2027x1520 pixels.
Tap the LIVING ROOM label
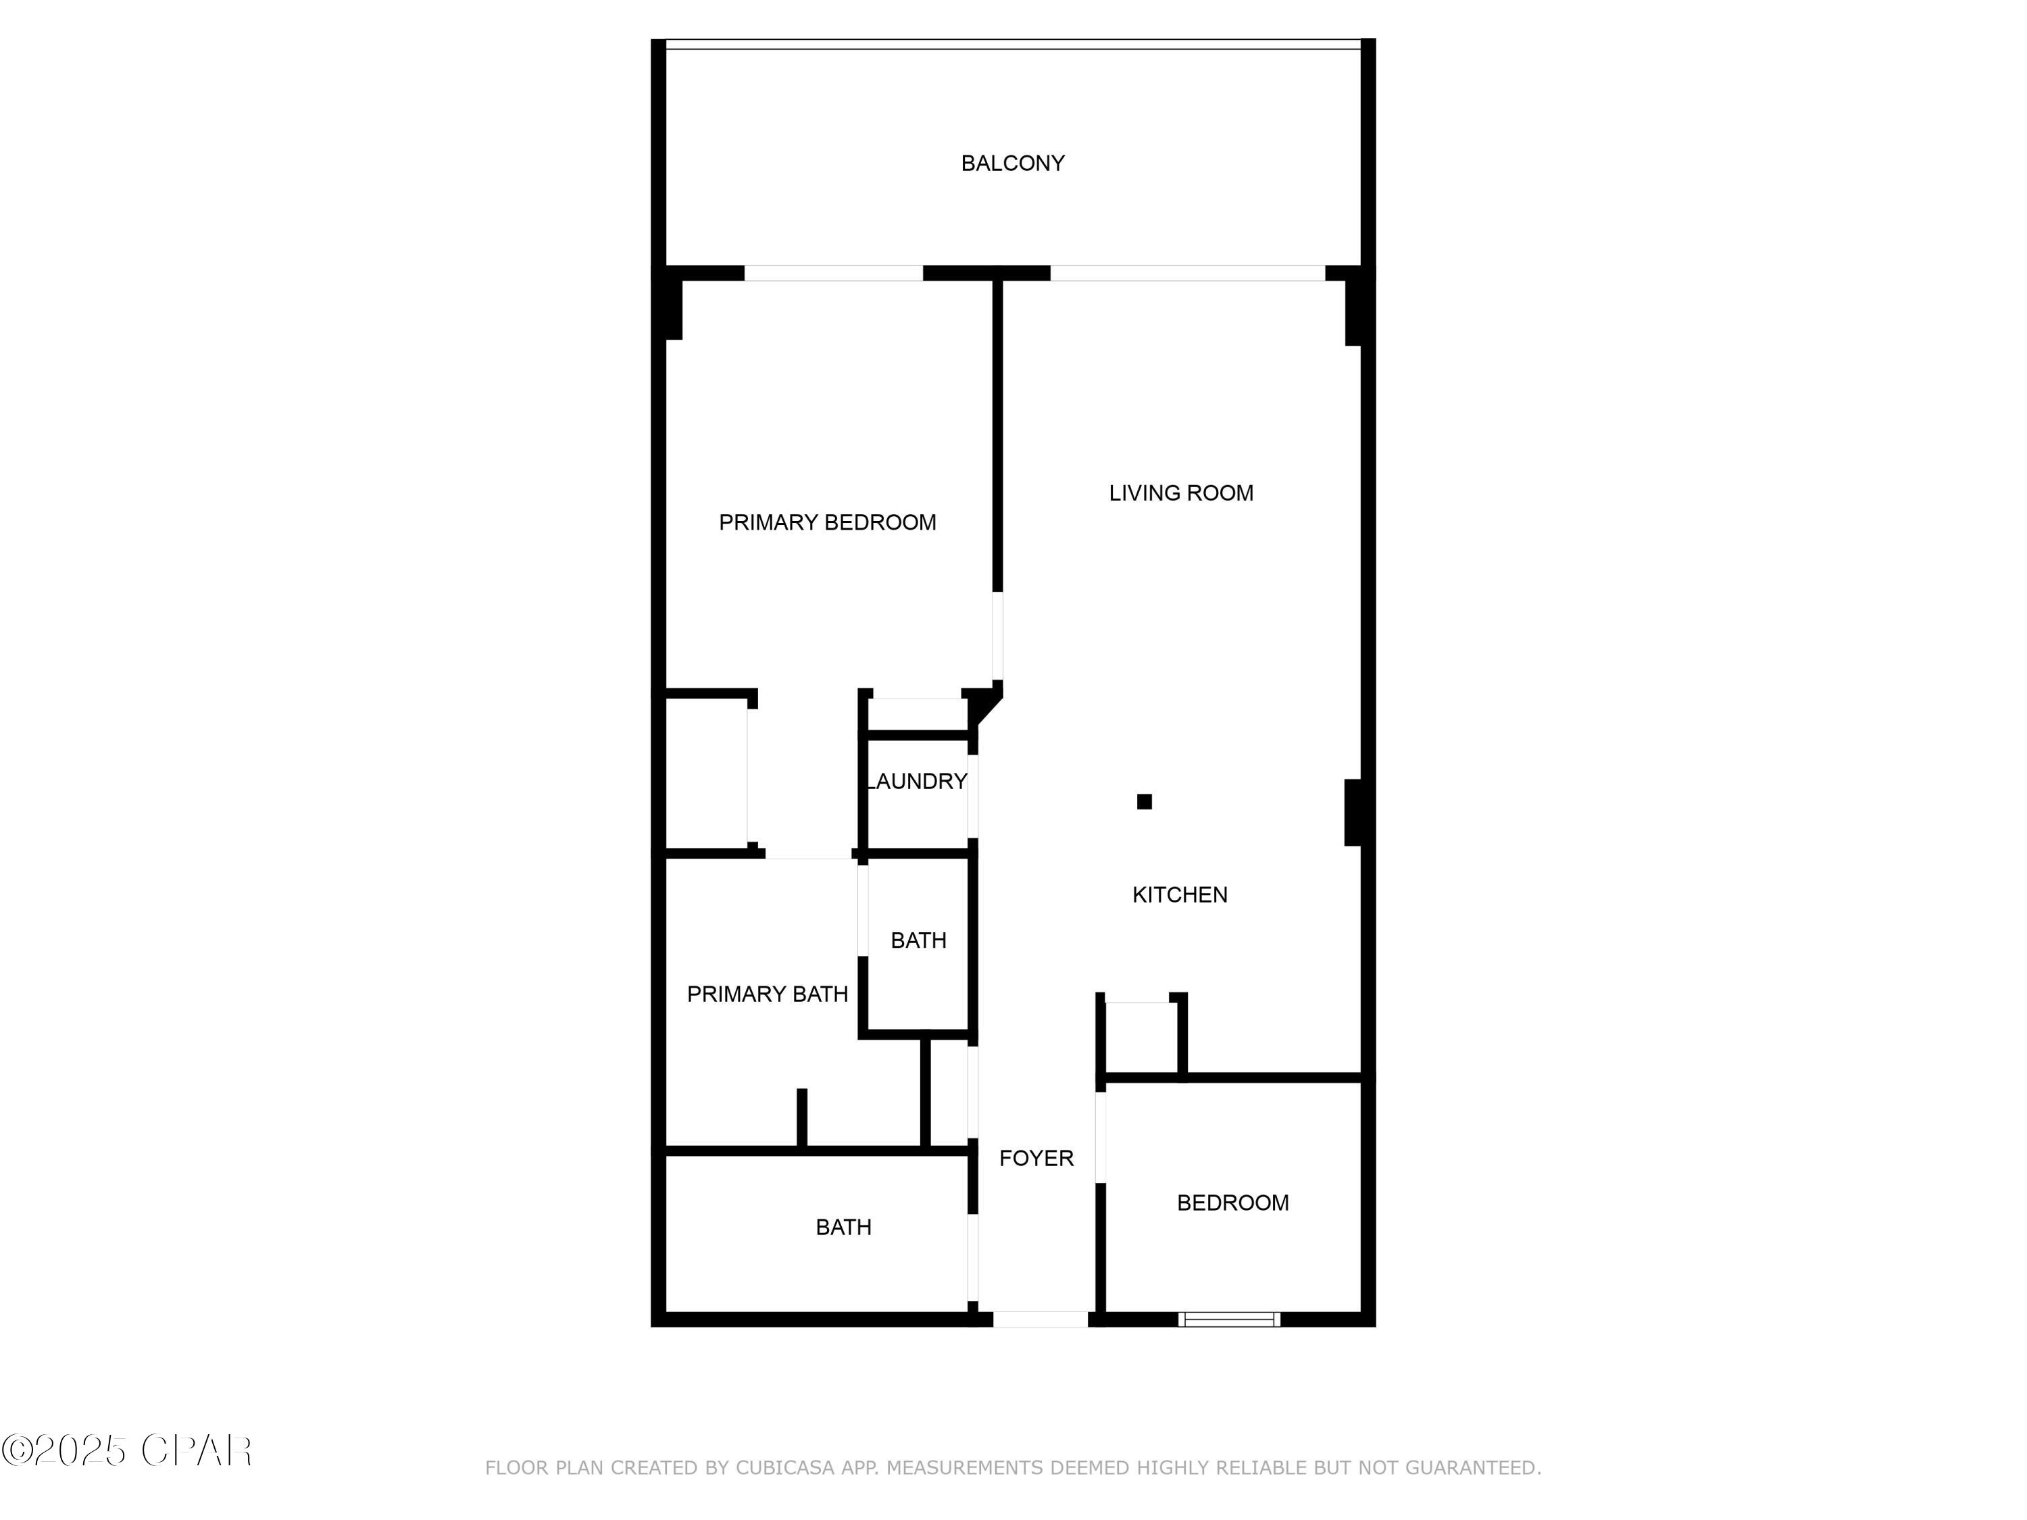click(x=1180, y=493)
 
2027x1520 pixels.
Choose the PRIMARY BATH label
click(x=767, y=994)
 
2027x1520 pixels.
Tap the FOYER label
click(x=1036, y=1158)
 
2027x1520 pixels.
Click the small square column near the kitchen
click(x=1144, y=802)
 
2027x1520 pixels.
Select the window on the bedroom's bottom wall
click(x=1229, y=1319)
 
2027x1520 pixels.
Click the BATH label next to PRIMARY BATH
click(x=918, y=940)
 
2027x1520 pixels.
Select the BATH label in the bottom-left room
click(x=843, y=1227)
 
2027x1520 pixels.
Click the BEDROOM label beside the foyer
click(x=1232, y=1203)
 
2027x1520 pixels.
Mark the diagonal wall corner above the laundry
click(x=985, y=707)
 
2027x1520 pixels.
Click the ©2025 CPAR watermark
click(x=126, y=1450)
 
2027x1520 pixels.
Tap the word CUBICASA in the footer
click(x=785, y=1468)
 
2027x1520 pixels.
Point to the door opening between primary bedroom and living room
click(x=998, y=637)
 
